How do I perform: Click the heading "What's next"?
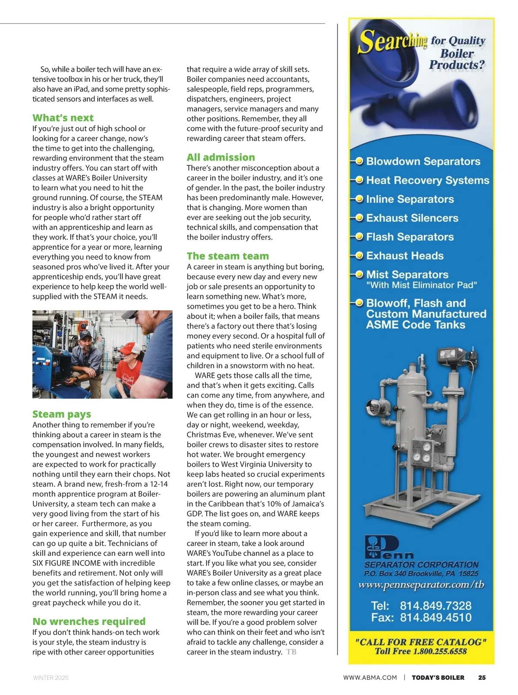coord(63,118)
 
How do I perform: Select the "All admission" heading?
coord(221,157)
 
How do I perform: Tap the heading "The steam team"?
coord(227,256)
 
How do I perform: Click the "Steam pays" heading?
coord(62,414)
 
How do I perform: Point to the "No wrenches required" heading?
coord(89,621)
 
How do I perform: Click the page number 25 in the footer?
coord(482,677)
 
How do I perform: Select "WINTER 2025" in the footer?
coord(51,678)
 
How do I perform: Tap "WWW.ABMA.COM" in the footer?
coord(370,678)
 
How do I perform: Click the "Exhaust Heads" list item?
coord(404,256)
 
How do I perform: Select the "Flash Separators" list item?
coord(410,237)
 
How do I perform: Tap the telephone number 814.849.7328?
coord(436,606)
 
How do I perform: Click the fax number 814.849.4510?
coord(436,617)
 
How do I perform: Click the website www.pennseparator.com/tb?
coord(421,585)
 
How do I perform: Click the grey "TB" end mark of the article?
coord(291,652)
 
